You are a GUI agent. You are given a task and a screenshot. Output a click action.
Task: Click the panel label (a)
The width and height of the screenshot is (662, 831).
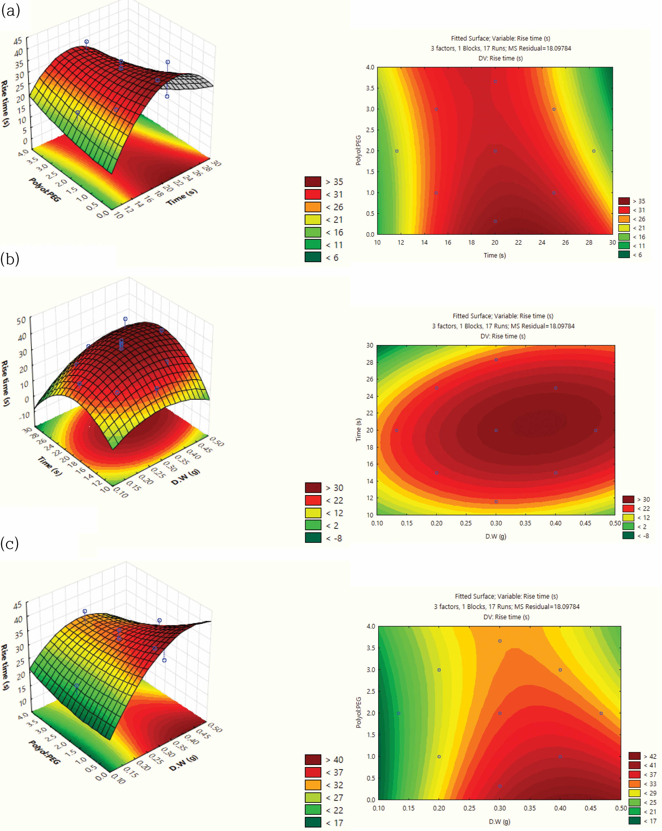[x=11, y=11]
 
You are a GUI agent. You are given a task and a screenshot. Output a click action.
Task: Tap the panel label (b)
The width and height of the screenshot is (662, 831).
[x=10, y=259]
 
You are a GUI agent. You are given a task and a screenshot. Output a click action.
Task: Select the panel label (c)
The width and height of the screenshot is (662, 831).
[x=10, y=543]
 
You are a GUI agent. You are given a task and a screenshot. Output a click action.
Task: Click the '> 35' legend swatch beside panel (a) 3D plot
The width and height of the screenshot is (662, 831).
[x=313, y=182]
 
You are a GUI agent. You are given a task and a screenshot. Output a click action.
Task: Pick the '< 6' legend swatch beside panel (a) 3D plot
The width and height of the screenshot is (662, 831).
[x=313, y=257]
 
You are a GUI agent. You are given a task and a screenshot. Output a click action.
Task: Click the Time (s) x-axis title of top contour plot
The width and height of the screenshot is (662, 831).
[x=495, y=255]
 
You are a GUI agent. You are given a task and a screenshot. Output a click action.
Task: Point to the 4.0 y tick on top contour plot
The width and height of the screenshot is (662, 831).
[x=370, y=67]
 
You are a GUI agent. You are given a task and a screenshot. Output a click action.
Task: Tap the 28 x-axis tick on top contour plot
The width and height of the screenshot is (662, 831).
[x=589, y=242]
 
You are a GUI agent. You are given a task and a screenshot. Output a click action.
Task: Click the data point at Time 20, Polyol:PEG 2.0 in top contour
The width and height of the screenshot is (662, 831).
[x=495, y=151]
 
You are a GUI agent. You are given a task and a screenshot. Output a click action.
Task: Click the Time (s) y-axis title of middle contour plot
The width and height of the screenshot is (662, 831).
[x=359, y=429]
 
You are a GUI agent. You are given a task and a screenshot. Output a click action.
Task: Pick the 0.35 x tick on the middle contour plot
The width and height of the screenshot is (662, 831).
[x=525, y=523]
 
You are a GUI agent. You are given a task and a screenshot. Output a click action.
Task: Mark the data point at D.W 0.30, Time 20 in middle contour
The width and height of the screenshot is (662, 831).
[x=496, y=430]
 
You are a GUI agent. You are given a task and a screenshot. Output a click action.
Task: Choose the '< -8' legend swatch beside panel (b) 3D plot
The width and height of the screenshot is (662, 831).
[x=313, y=538]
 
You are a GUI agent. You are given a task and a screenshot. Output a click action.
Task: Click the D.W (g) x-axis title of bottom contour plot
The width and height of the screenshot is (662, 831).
[x=499, y=821]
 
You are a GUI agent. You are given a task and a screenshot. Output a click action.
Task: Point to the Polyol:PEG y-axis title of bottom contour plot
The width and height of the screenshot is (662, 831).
[x=359, y=712]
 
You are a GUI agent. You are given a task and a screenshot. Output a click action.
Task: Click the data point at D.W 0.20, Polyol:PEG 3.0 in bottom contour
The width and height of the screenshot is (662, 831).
[x=439, y=670]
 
